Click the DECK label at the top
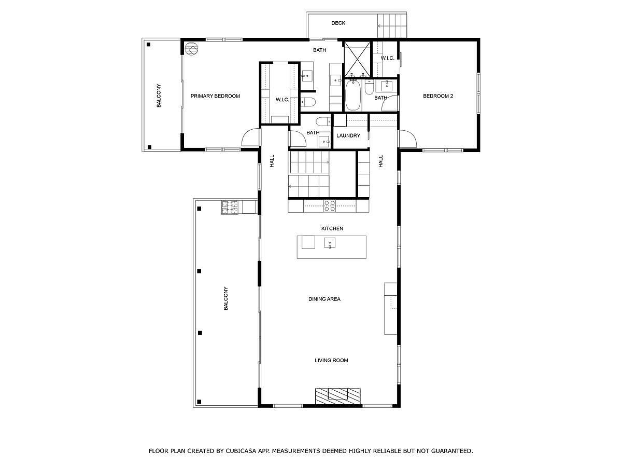point(338,23)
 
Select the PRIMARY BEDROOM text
point(215,96)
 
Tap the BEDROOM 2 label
point(438,96)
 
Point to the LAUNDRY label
point(348,136)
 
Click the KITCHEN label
point(332,228)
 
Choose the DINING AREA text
point(324,299)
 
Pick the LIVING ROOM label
point(331,360)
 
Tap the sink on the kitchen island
point(330,243)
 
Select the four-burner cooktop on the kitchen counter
point(330,206)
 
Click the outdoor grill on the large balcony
point(230,208)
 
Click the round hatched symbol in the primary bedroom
point(191,48)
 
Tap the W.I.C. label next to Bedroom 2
point(388,58)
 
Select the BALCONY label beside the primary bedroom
point(159,95)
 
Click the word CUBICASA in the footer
point(243,451)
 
